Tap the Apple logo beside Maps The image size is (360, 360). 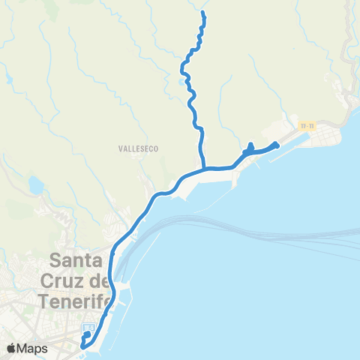(11, 348)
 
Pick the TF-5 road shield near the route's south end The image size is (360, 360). (88, 328)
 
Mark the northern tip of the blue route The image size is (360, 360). (203, 14)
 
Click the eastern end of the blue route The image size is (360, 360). (277, 144)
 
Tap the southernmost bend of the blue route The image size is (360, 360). (82, 346)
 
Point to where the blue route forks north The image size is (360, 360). (204, 167)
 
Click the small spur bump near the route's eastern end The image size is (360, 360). (250, 145)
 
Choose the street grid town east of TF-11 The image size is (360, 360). (330, 135)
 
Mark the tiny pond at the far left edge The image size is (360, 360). (7, 76)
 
